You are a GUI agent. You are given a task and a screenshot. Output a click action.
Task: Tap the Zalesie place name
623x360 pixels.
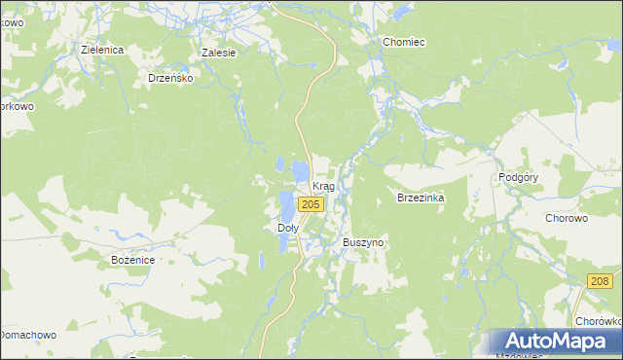point(218,53)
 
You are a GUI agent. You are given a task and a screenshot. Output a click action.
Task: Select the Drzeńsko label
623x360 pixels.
point(170,77)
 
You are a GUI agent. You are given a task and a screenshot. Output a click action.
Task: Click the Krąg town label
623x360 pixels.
point(323,186)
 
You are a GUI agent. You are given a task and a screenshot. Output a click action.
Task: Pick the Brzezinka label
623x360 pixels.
point(421,198)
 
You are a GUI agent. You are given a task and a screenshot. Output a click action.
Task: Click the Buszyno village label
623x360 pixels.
point(363,241)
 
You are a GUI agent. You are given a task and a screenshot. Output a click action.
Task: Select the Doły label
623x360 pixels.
point(281,228)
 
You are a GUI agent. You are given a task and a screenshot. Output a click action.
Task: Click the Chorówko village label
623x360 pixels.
point(598,321)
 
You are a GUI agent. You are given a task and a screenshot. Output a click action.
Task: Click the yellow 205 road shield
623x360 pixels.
point(311,204)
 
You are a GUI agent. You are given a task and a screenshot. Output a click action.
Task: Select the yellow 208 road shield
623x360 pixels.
point(601,281)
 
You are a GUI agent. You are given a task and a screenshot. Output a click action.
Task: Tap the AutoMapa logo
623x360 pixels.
point(551,342)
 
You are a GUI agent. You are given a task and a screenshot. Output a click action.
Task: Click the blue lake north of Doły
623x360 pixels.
point(285,205)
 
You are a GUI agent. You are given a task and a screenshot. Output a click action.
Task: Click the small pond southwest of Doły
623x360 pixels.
point(261,261)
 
